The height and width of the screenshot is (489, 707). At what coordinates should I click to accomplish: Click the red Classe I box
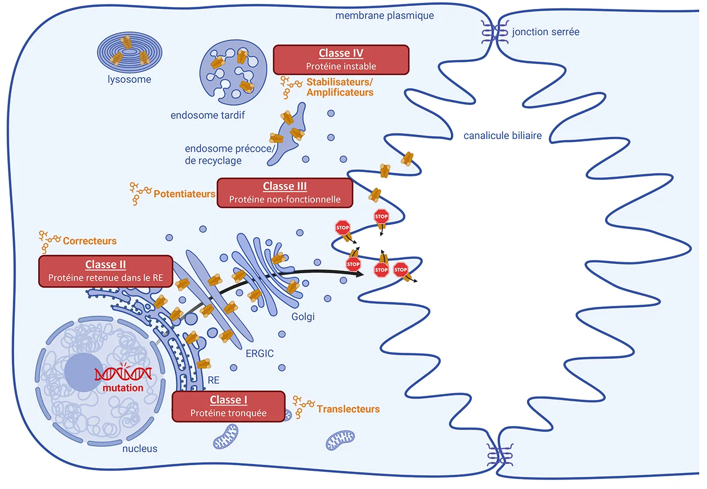click(x=229, y=406)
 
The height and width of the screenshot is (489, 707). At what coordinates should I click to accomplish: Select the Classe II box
click(x=105, y=271)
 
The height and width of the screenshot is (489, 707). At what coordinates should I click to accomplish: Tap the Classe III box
click(x=284, y=193)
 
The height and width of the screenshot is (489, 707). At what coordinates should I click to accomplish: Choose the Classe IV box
click(x=341, y=60)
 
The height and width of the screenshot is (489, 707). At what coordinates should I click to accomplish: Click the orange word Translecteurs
click(x=348, y=409)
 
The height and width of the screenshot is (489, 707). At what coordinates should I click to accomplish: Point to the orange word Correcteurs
click(x=89, y=241)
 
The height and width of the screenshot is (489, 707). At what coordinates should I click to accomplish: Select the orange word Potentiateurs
click(x=184, y=194)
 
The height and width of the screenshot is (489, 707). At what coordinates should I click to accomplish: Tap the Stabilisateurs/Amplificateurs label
click(x=340, y=88)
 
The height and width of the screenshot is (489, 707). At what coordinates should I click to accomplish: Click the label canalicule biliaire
click(x=503, y=136)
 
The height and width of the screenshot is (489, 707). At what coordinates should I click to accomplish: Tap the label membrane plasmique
click(x=384, y=15)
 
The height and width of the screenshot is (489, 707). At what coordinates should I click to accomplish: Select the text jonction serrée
click(x=546, y=31)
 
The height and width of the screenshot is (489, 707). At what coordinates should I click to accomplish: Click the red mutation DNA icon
click(x=123, y=375)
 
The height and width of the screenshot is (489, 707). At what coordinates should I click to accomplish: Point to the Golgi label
click(x=302, y=317)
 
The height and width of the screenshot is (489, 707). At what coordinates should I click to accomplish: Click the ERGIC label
click(x=260, y=354)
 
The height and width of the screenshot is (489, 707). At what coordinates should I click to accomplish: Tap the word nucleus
click(x=139, y=449)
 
